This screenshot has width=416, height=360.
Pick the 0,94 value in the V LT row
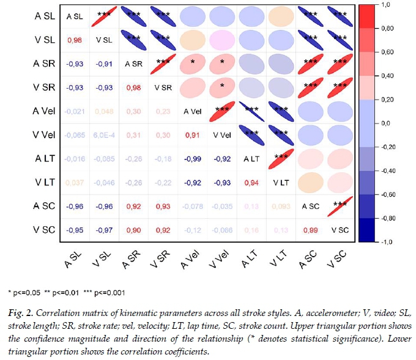pyautogui.click(x=251, y=182)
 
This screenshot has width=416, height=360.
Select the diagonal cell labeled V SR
pyautogui.click(x=163, y=87)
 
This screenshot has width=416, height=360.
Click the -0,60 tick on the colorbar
pyautogui.click(x=385, y=194)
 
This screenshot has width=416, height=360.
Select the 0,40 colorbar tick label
pyautogui.click(x=386, y=76)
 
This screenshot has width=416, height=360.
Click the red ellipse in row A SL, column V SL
pyautogui.click(x=105, y=17)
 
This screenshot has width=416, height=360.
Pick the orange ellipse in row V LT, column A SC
pyautogui.click(x=309, y=182)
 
